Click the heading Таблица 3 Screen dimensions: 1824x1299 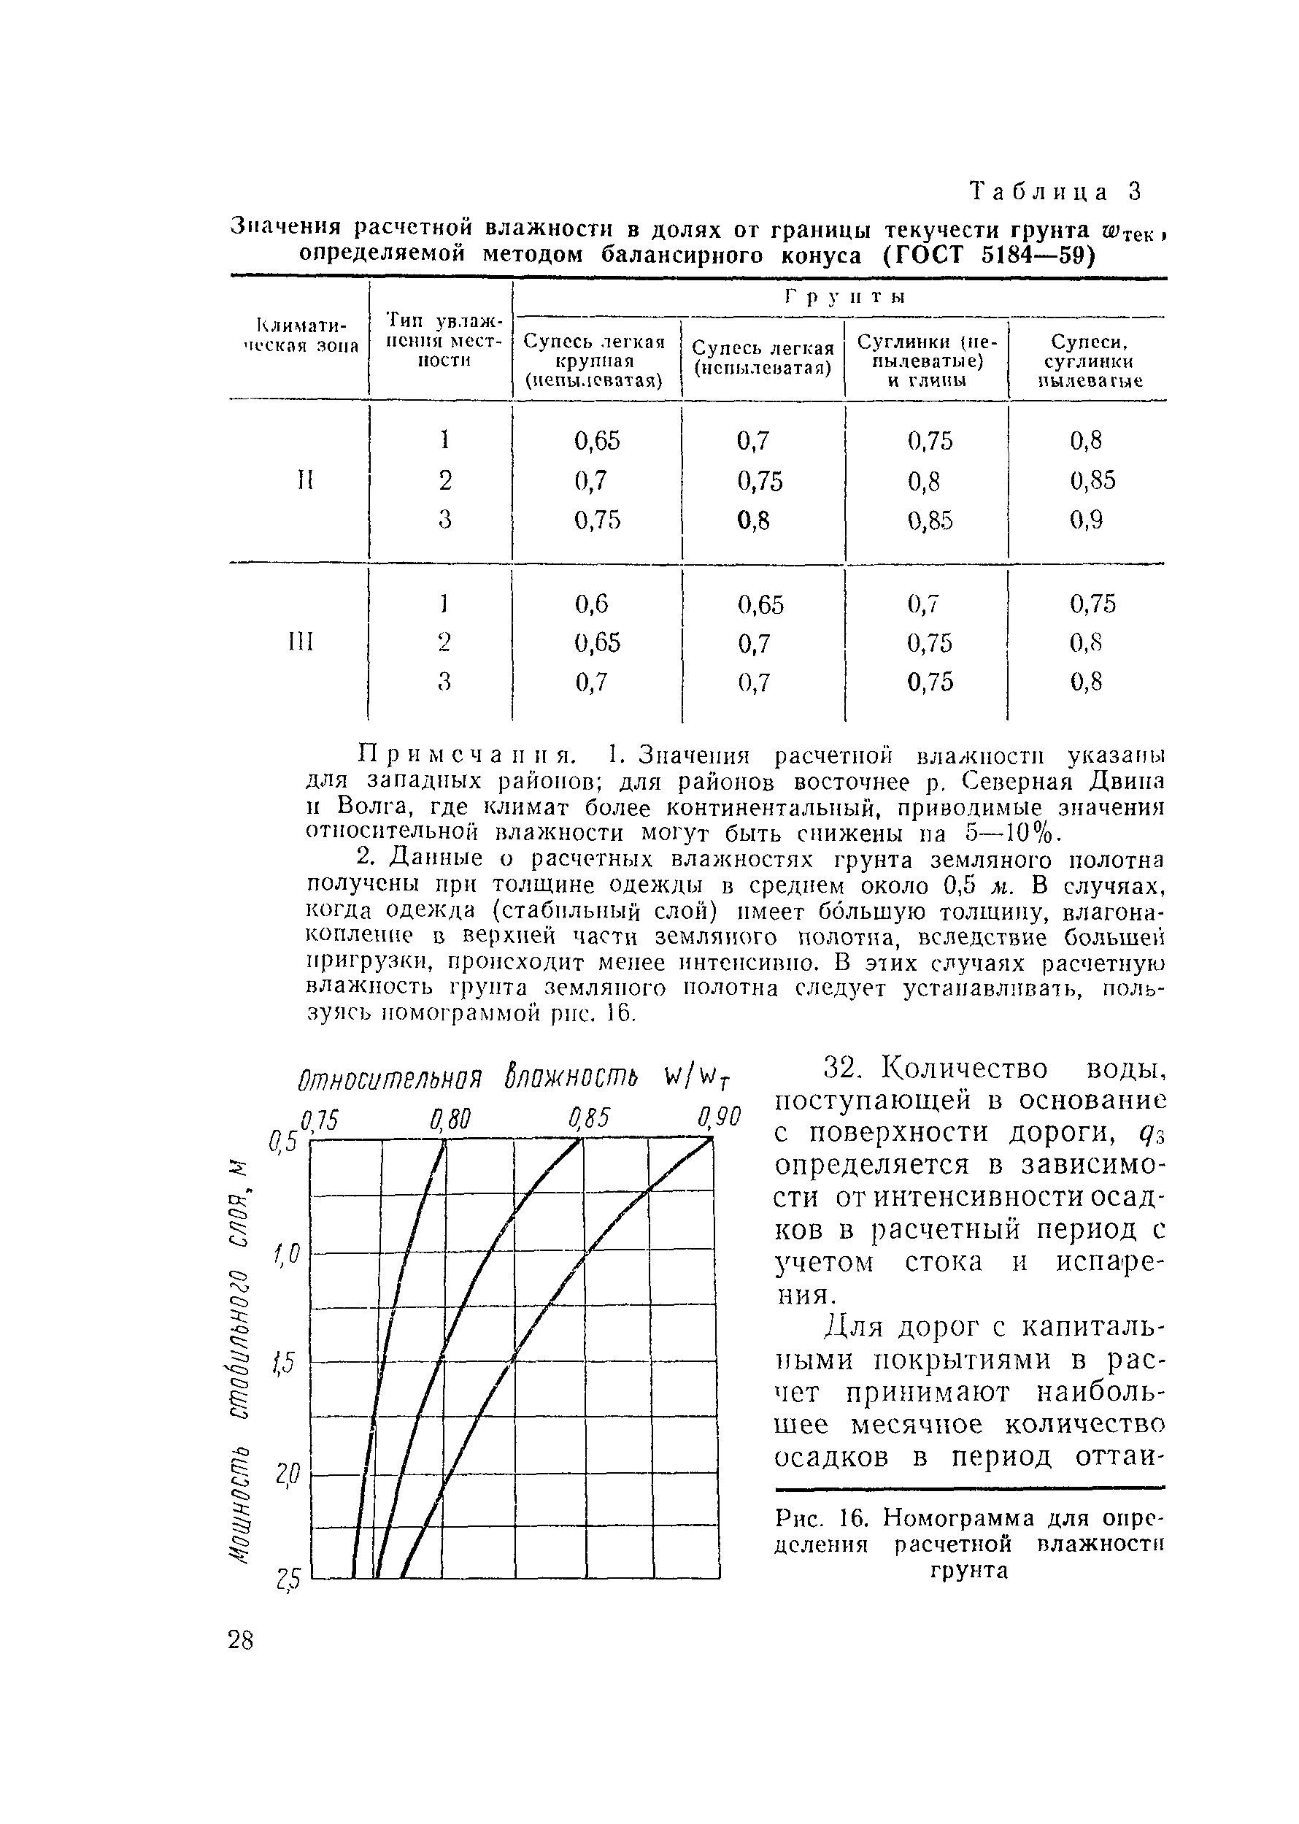tap(1057, 192)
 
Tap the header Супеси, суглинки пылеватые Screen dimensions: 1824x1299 tap(1089, 361)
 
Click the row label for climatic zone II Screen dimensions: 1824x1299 tap(303, 480)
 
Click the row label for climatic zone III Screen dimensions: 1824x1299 tap(301, 642)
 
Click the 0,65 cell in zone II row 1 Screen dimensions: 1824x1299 tap(597, 441)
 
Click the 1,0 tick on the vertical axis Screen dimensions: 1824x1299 tap(285, 1255)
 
